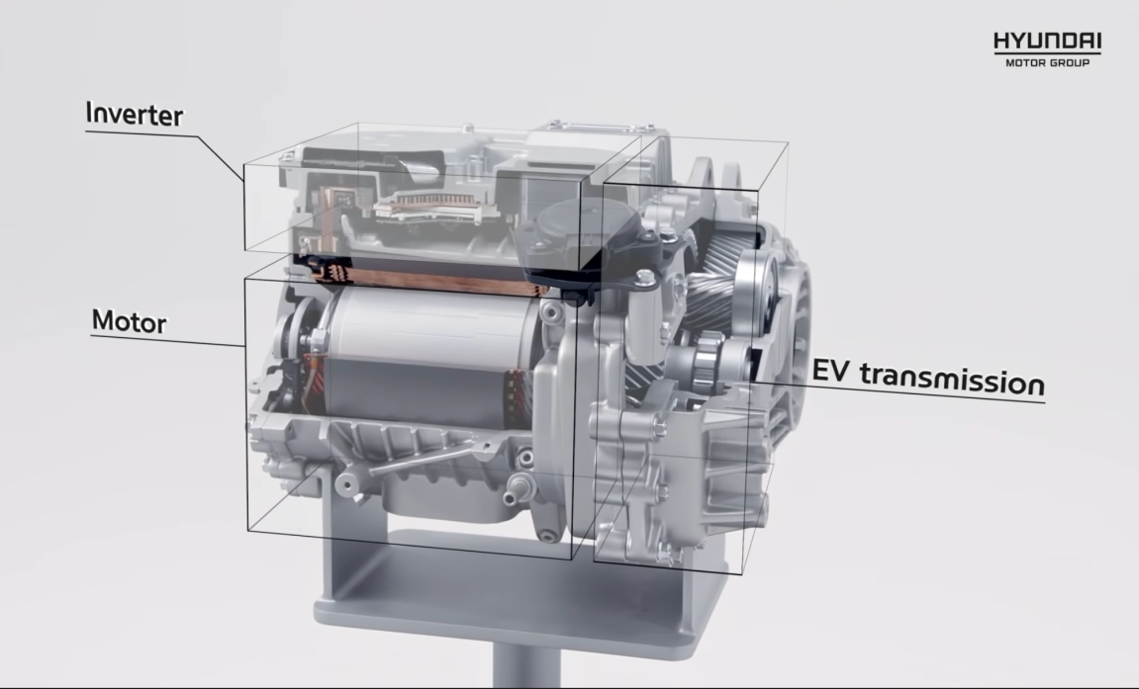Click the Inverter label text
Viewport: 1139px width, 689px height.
[135, 114]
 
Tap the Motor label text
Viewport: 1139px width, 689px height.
[130, 320]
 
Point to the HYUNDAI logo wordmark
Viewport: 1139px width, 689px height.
[1048, 42]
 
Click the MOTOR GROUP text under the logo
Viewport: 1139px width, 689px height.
[1048, 63]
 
